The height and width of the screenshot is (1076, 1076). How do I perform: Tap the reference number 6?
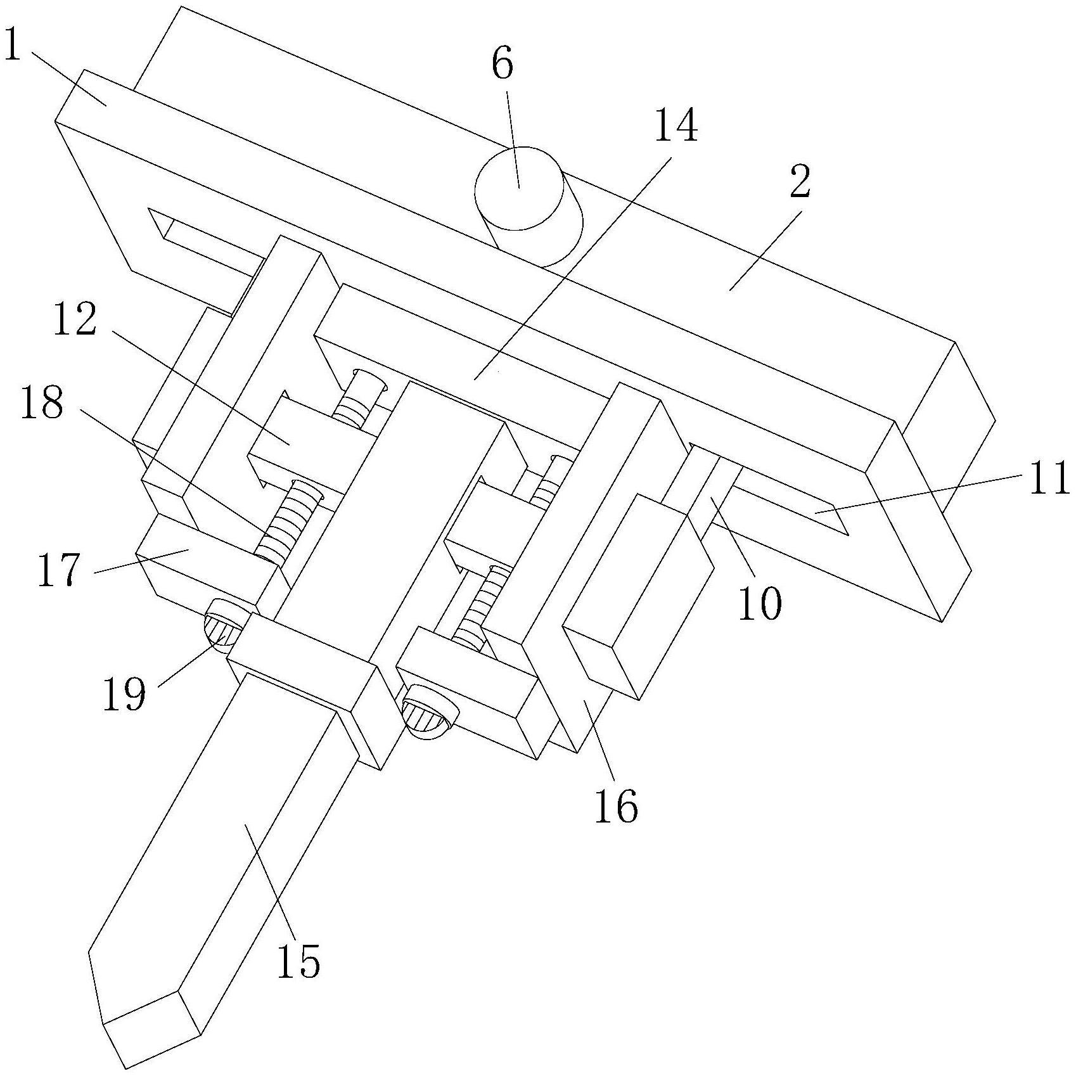[502, 65]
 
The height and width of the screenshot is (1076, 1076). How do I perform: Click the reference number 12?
[75, 319]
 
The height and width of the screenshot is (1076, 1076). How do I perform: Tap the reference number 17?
[61, 569]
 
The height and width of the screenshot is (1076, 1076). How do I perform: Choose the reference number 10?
[760, 603]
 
